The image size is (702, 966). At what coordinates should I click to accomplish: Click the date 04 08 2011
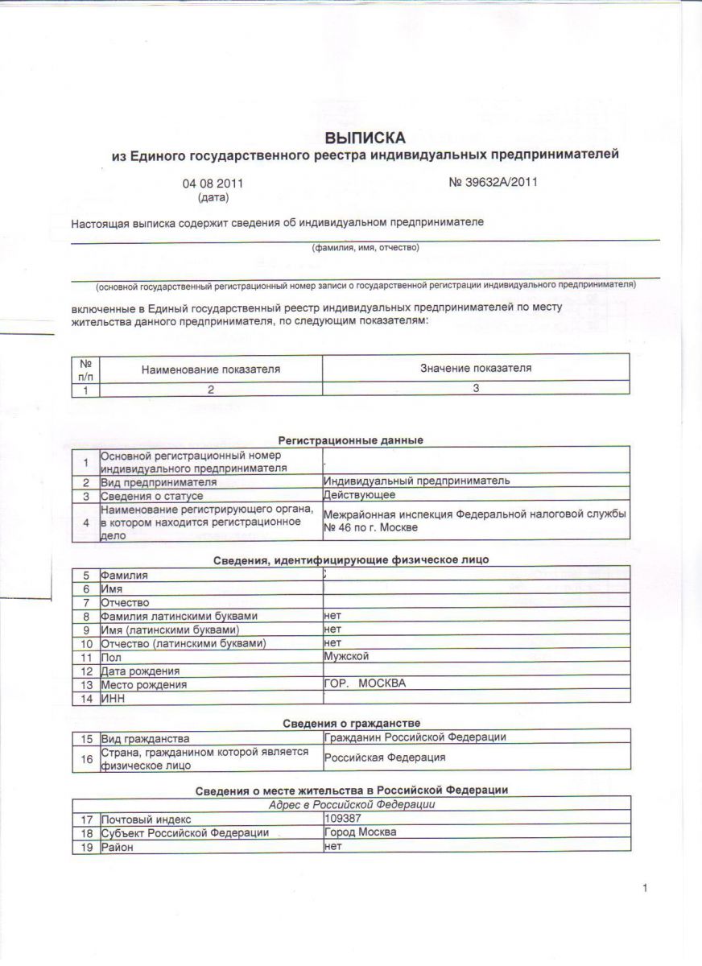click(213, 184)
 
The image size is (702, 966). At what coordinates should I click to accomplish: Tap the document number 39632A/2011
click(493, 182)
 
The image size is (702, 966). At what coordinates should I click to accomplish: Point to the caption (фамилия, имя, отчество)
click(365, 248)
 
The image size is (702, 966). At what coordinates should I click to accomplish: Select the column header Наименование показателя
click(211, 369)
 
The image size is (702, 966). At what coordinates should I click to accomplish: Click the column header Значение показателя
click(476, 368)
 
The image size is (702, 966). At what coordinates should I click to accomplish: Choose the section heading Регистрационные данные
click(351, 440)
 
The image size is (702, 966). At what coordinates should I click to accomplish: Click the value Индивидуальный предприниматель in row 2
click(417, 481)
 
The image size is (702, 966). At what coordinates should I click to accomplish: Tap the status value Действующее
click(359, 494)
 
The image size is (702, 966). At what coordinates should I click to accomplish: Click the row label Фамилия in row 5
click(124, 576)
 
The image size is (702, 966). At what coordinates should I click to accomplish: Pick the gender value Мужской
click(346, 656)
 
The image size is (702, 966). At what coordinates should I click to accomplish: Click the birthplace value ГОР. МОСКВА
click(365, 684)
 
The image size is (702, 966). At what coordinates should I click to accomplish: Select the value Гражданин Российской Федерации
click(415, 737)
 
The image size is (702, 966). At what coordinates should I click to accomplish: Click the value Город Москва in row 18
click(360, 832)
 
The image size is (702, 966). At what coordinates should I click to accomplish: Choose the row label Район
click(117, 846)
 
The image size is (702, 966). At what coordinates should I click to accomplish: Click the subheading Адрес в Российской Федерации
click(351, 805)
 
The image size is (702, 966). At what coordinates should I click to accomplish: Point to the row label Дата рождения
click(140, 671)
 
